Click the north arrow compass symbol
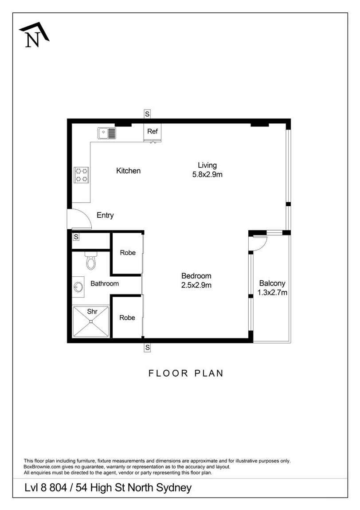coord(34,35)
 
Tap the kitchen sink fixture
coord(107,133)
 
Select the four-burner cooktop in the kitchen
coord(81,175)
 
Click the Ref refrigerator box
coord(153,132)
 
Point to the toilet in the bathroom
coord(91,260)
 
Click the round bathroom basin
coord(78,287)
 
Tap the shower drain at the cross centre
coord(91,322)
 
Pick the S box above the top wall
coord(147,114)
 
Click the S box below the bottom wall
coord(147,348)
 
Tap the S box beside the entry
coord(76,237)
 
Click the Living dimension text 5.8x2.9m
coord(207,174)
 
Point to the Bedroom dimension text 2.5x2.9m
coord(196,285)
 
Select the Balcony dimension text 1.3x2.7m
coord(273,292)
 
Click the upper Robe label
coord(128,253)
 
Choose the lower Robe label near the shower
coord(127,318)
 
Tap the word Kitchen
coord(129,171)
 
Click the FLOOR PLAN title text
coord(186,373)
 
